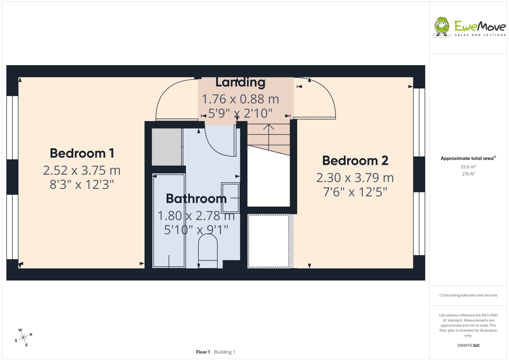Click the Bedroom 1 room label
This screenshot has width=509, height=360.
pos(82,153)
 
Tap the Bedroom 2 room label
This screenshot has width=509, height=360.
pos(355,161)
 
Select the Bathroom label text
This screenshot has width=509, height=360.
pos(196,198)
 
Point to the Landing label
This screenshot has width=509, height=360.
pos(240,82)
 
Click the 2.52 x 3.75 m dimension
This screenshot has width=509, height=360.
pos(81,170)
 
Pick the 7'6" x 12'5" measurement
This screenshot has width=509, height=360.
pos(355,192)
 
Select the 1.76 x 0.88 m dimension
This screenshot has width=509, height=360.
pos(240,99)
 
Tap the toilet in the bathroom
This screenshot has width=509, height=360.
pos(208,251)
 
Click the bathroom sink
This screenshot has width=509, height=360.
pos(230,198)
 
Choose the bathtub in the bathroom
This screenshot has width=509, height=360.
pos(169,221)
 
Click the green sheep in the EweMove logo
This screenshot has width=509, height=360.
pos(442,27)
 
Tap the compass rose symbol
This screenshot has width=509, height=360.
pos(23,338)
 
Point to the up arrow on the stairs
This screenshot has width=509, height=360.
pos(269,137)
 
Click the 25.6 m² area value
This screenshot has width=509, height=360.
pos(468,167)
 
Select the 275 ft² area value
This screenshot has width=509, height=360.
pos(468,174)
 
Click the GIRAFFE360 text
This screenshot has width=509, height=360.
pos(468,345)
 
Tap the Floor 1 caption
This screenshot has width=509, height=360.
pos(203,352)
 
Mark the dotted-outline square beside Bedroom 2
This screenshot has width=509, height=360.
pos(269,241)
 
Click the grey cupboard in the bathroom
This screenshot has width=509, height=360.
pos(167,147)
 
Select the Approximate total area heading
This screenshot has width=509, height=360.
pos(468,158)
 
